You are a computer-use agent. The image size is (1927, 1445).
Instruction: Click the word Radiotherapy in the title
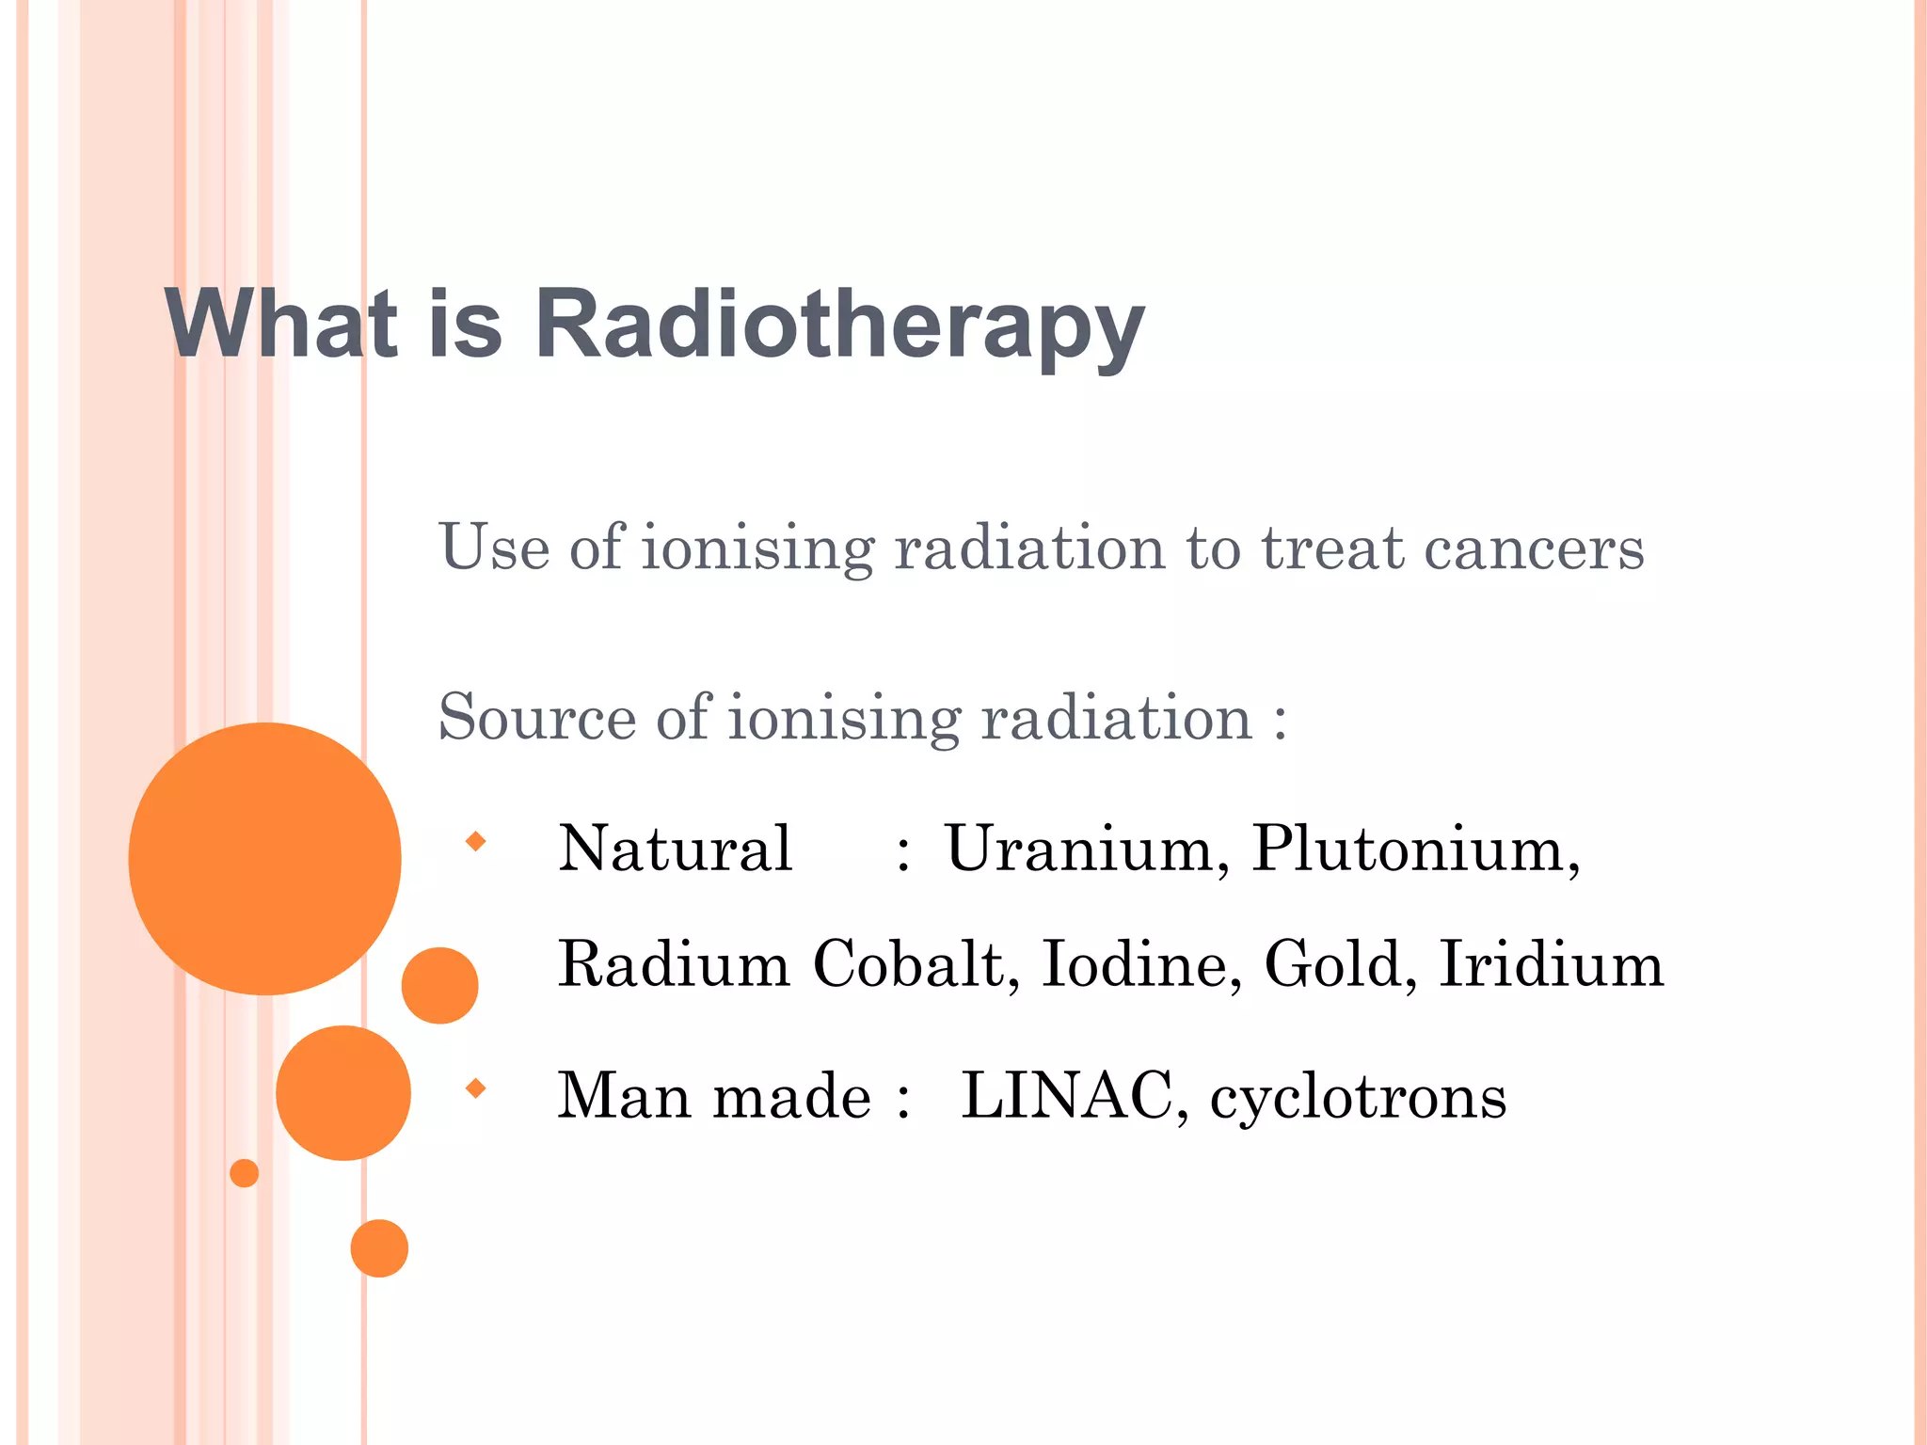click(839, 325)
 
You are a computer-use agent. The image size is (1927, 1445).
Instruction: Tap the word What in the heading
click(281, 325)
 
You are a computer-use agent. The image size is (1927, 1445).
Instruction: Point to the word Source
click(537, 719)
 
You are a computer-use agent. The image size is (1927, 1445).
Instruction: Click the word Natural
click(675, 849)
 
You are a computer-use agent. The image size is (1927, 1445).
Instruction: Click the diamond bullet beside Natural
click(476, 841)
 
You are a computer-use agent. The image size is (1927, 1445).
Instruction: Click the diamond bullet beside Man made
click(476, 1088)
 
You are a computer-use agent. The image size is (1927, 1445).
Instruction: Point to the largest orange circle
click(265, 858)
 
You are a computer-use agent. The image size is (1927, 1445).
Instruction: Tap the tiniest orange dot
click(245, 1173)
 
